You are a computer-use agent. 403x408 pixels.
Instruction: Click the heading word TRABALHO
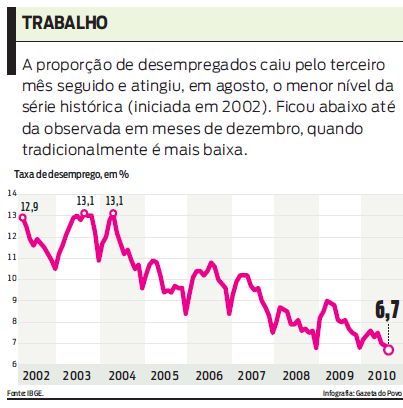65,22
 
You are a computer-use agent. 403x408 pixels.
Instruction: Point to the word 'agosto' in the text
259,86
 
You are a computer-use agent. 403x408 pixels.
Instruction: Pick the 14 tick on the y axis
12,194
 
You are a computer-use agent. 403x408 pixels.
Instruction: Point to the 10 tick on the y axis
12,278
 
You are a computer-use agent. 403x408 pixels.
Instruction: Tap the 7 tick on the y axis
13,341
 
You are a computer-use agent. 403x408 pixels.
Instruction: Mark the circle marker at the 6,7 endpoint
388,349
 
